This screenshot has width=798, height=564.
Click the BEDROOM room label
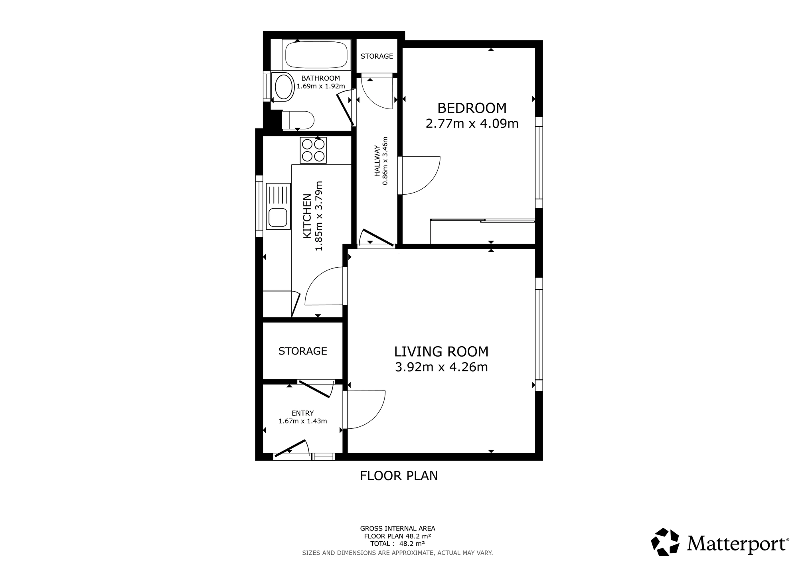(472, 108)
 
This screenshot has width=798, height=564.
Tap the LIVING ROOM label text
(441, 351)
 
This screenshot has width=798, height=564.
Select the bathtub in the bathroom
(316, 55)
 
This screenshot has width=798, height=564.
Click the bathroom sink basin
(283, 87)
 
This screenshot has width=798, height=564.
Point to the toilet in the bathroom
(298, 120)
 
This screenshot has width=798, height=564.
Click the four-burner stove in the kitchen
(313, 150)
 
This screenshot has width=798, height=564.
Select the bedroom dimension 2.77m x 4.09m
(472, 124)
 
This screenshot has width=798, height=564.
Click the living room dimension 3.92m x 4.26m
(441, 367)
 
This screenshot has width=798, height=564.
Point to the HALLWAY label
(377, 161)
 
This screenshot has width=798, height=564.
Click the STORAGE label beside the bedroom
(377, 56)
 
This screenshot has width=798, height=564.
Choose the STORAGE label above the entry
(302, 351)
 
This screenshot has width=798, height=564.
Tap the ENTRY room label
(302, 413)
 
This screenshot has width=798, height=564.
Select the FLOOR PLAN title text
(399, 476)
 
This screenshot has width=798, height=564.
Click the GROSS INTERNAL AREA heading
(397, 529)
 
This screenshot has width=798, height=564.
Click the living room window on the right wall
(539, 334)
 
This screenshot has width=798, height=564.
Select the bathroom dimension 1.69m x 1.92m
(321, 86)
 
